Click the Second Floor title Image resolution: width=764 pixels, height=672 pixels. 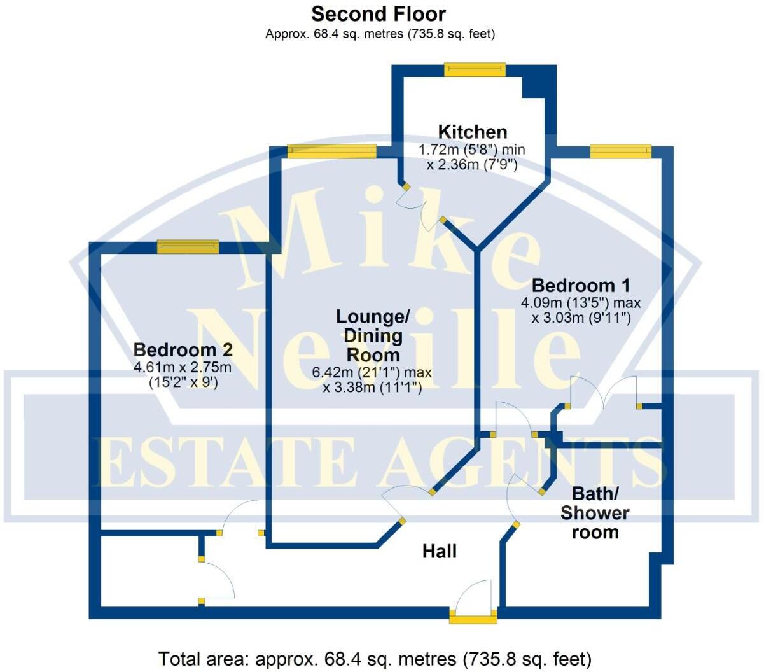pyautogui.click(x=379, y=13)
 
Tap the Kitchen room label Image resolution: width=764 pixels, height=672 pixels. pyautogui.click(x=473, y=132)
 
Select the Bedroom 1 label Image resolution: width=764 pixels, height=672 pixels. pyautogui.click(x=581, y=284)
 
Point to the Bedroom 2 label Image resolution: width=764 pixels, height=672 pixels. pyautogui.click(x=183, y=349)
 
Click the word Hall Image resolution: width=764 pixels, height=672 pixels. pyautogui.click(x=440, y=551)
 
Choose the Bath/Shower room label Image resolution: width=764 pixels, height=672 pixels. pyautogui.click(x=595, y=512)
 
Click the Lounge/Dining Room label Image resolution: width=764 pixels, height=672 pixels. pyautogui.click(x=373, y=335)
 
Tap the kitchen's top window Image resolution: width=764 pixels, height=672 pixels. pyautogui.click(x=475, y=69)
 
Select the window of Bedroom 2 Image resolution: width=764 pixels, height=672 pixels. pyautogui.click(x=188, y=246)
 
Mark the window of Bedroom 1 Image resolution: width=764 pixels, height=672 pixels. pyautogui.click(x=620, y=151)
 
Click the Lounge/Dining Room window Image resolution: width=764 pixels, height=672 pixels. pyautogui.click(x=331, y=151)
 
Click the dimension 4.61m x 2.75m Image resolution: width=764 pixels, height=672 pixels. pyautogui.click(x=183, y=367)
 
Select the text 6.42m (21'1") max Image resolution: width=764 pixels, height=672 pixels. pyautogui.click(x=372, y=372)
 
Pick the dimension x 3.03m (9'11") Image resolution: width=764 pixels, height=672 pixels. pyautogui.click(x=581, y=318)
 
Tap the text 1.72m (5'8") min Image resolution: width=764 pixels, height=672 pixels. pyautogui.click(x=471, y=150)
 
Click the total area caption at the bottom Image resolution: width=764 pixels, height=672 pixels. pyautogui.click(x=375, y=658)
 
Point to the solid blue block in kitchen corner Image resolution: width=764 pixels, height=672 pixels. pyautogui.click(x=538, y=82)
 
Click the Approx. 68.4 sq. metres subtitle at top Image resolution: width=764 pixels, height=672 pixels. pyautogui.click(x=380, y=34)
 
